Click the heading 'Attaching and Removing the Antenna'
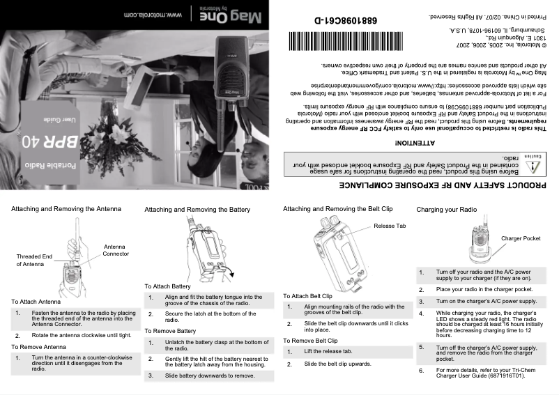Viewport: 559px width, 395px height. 66,208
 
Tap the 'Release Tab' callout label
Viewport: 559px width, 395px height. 390,226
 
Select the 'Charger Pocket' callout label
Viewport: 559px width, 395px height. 521,238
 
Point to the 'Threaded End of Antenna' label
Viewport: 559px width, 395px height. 34,261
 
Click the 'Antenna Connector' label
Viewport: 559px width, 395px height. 116,250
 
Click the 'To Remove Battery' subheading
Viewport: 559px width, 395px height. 171,330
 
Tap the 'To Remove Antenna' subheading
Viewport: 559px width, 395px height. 38,346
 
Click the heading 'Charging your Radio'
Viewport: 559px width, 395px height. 446,209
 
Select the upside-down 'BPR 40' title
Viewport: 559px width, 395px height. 57,143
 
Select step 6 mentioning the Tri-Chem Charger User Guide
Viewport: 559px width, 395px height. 480,373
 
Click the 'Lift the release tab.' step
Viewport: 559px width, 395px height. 328,352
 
